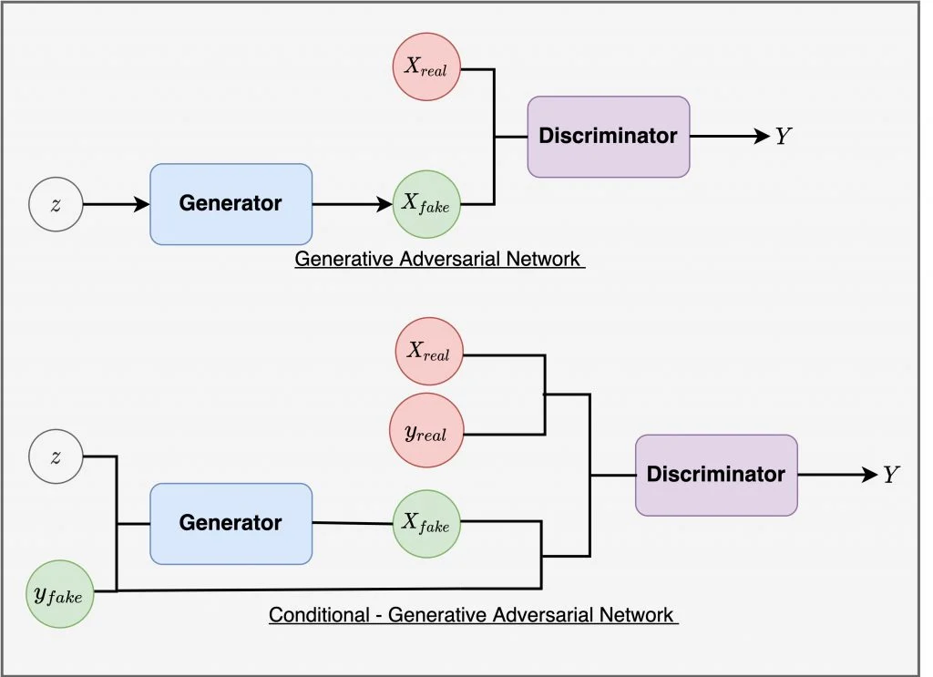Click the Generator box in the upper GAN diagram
(231, 203)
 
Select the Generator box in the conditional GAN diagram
(231, 523)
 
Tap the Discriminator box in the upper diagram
(608, 137)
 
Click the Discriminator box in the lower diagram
(715, 475)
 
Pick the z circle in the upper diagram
(56, 204)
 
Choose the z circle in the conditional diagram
(56, 456)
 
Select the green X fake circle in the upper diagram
(426, 204)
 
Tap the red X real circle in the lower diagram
(429, 352)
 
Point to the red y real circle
(429, 432)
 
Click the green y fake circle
(59, 595)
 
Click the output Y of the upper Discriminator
(784, 137)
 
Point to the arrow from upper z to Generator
(116, 204)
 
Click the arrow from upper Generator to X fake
(352, 204)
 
